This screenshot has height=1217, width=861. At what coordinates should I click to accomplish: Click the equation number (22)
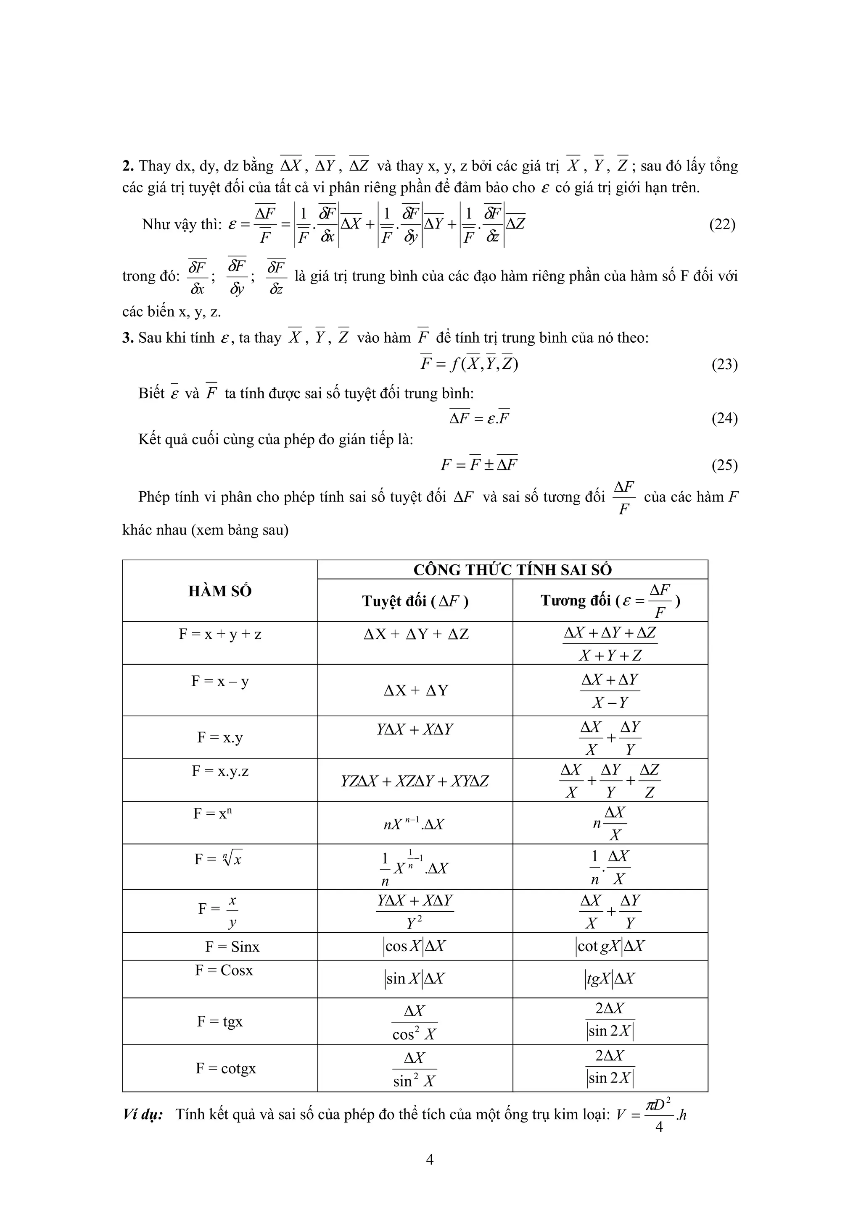722,225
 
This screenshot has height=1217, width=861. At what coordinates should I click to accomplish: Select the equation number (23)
724,365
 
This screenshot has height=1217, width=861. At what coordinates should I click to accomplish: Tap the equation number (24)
724,419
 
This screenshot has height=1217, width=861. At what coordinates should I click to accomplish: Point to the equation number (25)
724,465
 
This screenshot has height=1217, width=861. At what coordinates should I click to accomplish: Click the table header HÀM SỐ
219,591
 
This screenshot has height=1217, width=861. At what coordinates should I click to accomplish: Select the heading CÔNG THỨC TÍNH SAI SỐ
512,570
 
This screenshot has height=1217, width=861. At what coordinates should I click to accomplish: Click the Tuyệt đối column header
415,601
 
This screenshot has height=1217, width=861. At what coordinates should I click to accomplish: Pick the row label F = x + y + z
219,634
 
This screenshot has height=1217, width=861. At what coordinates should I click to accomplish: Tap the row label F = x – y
219,681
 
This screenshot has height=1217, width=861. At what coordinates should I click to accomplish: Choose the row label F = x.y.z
219,771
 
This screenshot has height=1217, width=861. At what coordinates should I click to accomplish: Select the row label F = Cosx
224,970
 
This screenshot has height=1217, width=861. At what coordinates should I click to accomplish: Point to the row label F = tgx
219,1021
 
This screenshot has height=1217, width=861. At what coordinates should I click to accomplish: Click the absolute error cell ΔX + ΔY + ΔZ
416,635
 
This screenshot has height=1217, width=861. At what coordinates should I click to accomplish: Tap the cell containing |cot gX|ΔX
610,947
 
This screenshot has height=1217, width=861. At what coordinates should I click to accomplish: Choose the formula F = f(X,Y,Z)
469,364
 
